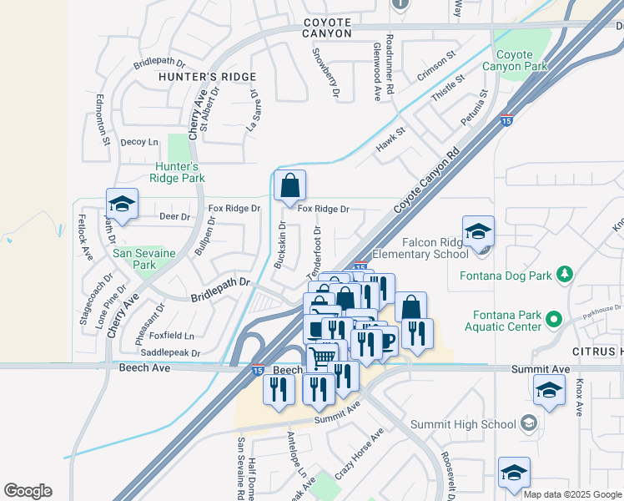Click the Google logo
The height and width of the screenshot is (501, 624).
[x=28, y=491]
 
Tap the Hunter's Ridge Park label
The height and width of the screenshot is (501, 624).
[x=177, y=172]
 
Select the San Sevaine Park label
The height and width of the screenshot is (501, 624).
[x=134, y=259]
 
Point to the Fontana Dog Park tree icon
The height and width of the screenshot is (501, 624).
[x=565, y=274]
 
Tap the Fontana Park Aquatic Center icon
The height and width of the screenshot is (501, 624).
[x=551, y=317]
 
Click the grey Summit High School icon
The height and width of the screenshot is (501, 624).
[x=527, y=424]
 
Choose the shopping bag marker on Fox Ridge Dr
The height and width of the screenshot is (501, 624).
[x=289, y=185]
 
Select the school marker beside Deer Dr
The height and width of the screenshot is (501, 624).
[x=122, y=204]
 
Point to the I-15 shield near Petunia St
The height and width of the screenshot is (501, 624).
[x=506, y=121]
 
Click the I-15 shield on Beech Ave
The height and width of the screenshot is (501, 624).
[x=259, y=370]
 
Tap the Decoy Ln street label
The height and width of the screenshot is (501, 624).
[x=138, y=142]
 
